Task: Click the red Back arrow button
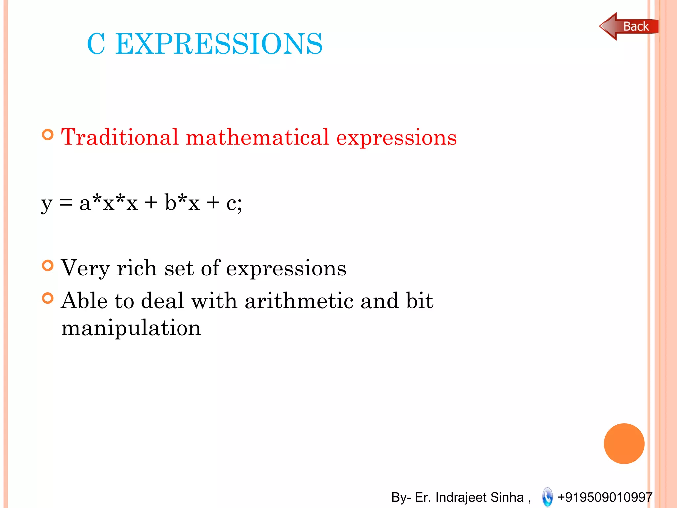click(x=628, y=26)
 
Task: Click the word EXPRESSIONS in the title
click(x=219, y=44)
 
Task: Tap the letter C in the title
click(x=96, y=44)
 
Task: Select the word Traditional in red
click(x=120, y=137)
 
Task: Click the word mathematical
click(x=258, y=137)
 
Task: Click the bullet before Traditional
click(x=48, y=135)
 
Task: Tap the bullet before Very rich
click(x=48, y=265)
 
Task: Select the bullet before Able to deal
click(x=48, y=298)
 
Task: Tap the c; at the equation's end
click(x=234, y=203)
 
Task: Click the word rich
click(x=137, y=268)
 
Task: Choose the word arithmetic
click(x=299, y=301)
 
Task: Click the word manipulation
click(x=131, y=328)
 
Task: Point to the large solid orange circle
click(x=624, y=444)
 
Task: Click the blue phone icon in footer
click(x=547, y=497)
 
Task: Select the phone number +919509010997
click(x=605, y=497)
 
